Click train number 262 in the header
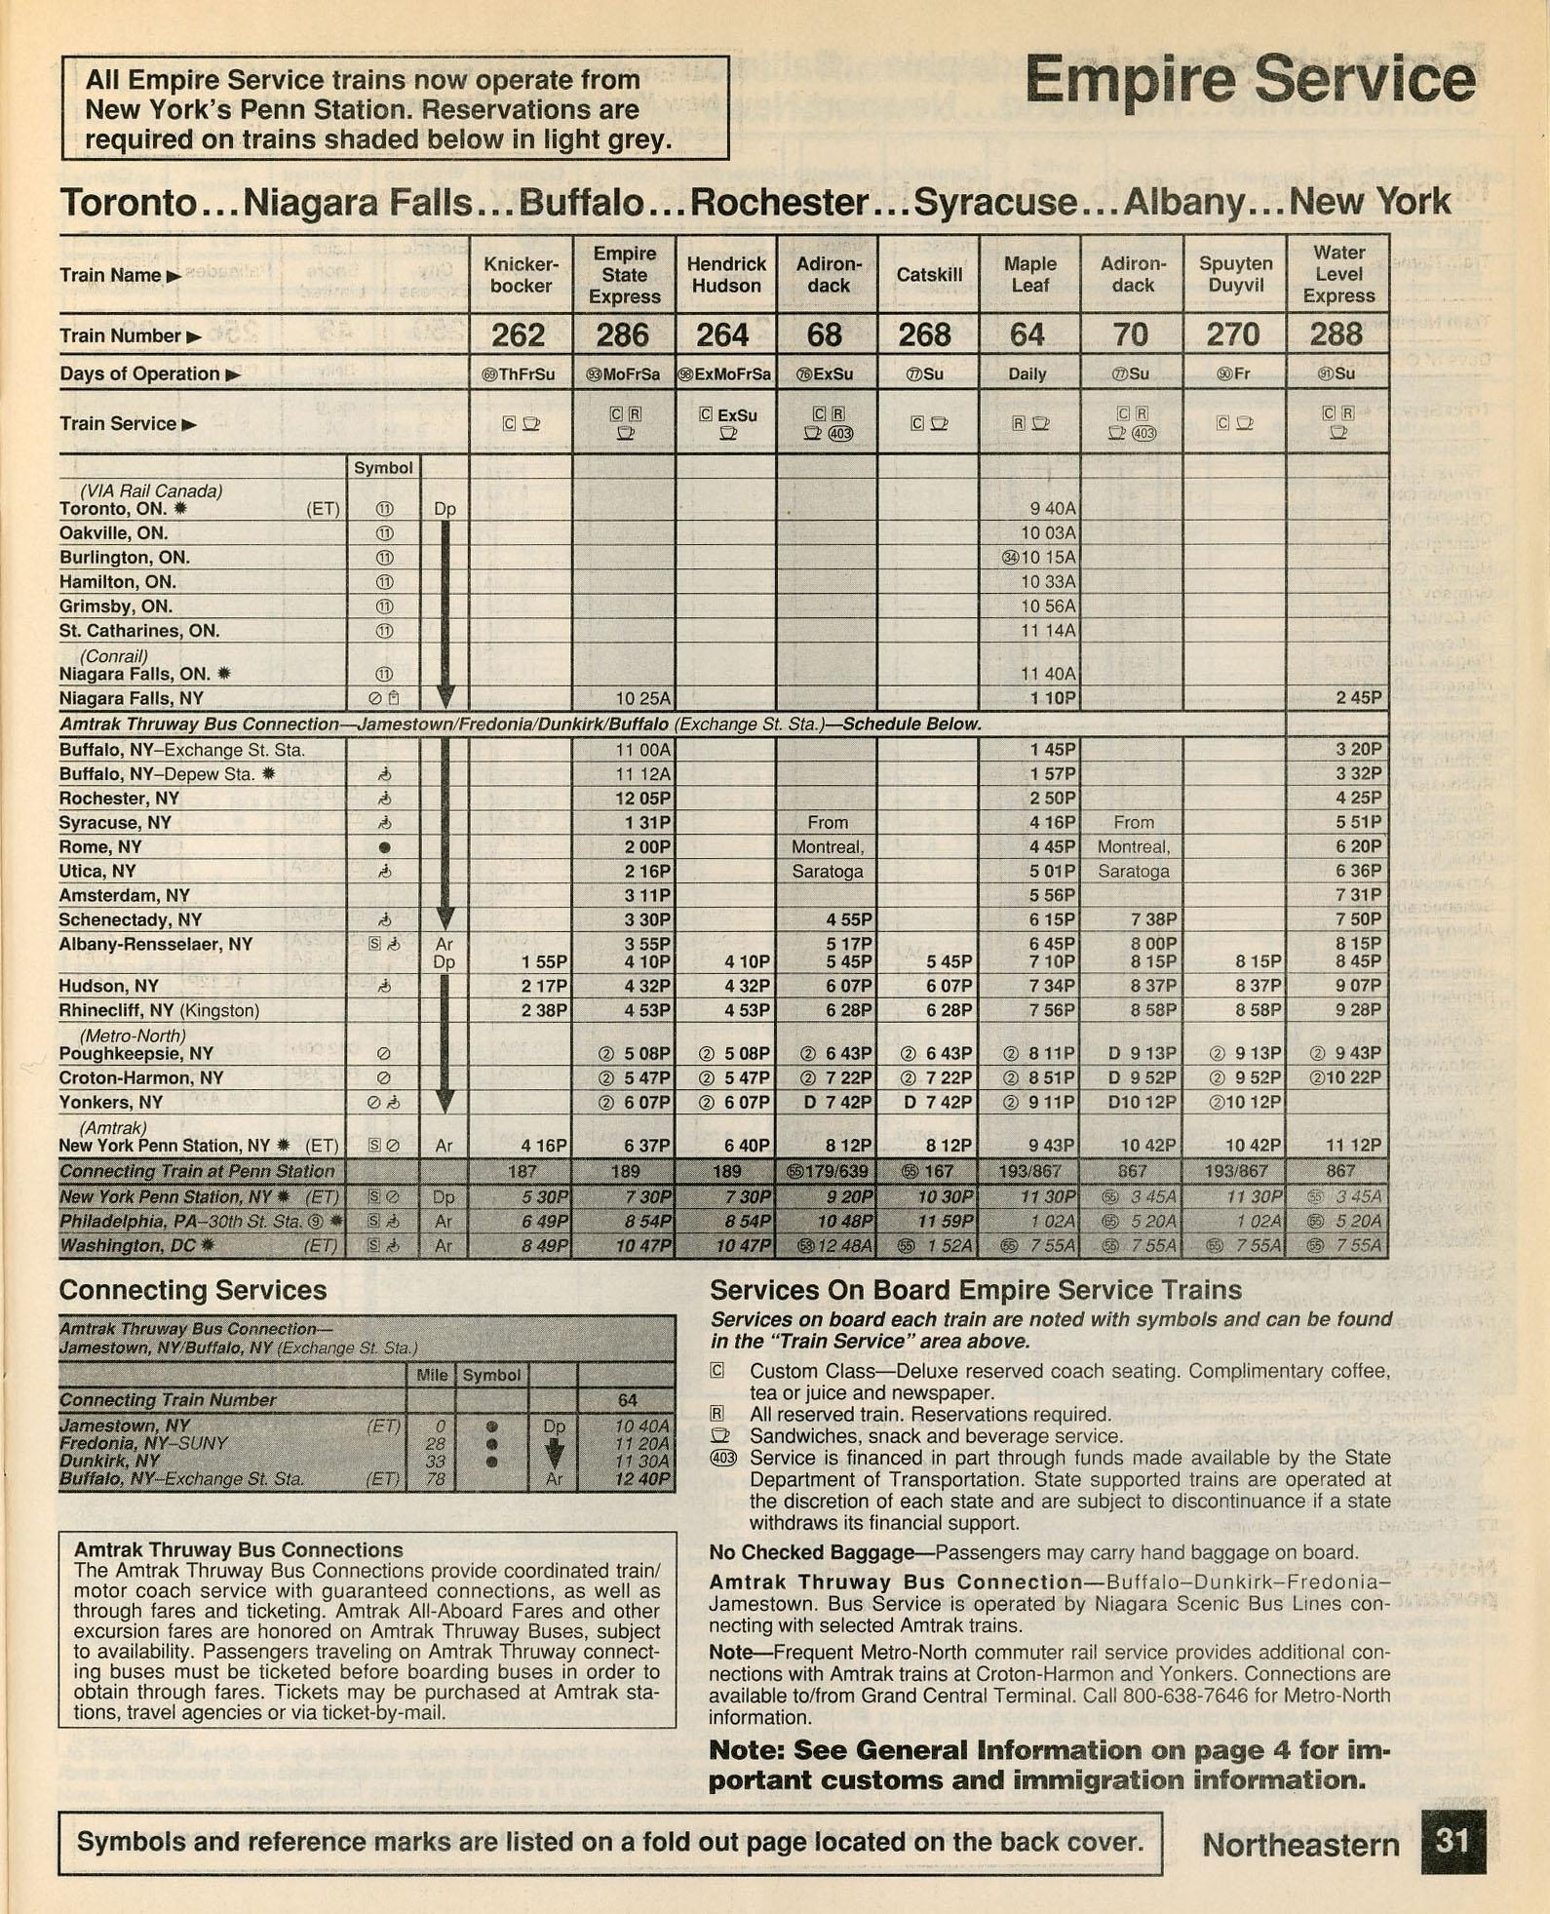518,335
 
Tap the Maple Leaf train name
1029,275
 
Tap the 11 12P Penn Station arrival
1358,1146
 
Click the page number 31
1452,1841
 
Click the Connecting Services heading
192,1290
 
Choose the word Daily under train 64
1027,374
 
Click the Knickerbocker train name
521,275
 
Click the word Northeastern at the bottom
1300,1845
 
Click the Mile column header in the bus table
432,1375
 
